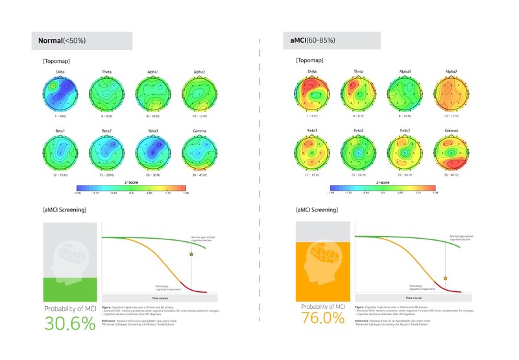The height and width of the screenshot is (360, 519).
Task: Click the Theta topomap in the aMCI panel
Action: tap(359, 93)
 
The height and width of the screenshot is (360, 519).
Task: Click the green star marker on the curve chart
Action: tap(191, 255)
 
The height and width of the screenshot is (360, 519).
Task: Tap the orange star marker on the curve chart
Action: tap(445, 278)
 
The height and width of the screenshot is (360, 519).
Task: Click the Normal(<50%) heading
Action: tap(62, 41)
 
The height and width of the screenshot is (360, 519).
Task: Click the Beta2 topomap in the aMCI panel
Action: tap(359, 155)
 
